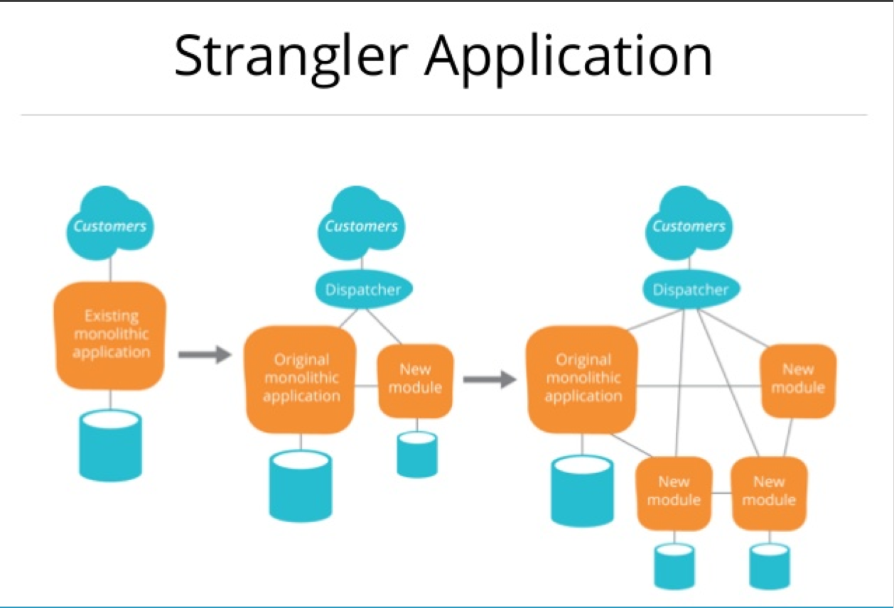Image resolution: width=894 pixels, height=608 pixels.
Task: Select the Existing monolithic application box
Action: point(110,335)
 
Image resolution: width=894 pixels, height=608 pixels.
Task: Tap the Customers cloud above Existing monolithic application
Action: point(109,224)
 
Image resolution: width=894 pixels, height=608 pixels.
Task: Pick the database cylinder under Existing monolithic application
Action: point(110,445)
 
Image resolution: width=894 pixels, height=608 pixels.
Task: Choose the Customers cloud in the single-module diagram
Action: point(361,224)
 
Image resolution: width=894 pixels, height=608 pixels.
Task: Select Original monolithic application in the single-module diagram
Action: point(300,378)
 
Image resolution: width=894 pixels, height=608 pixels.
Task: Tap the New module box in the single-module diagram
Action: point(416,379)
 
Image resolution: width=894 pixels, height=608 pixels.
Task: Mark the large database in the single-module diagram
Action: point(300,486)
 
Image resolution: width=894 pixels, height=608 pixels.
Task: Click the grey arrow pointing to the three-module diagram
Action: point(489,379)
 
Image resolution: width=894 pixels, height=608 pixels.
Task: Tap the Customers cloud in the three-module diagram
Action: point(689,224)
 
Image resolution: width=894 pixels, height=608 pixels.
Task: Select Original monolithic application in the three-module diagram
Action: point(582,378)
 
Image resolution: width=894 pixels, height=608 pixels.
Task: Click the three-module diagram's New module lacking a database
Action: point(798,380)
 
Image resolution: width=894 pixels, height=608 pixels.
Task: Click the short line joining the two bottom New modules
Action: point(721,493)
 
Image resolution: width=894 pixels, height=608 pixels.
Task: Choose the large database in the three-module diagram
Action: point(582,490)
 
